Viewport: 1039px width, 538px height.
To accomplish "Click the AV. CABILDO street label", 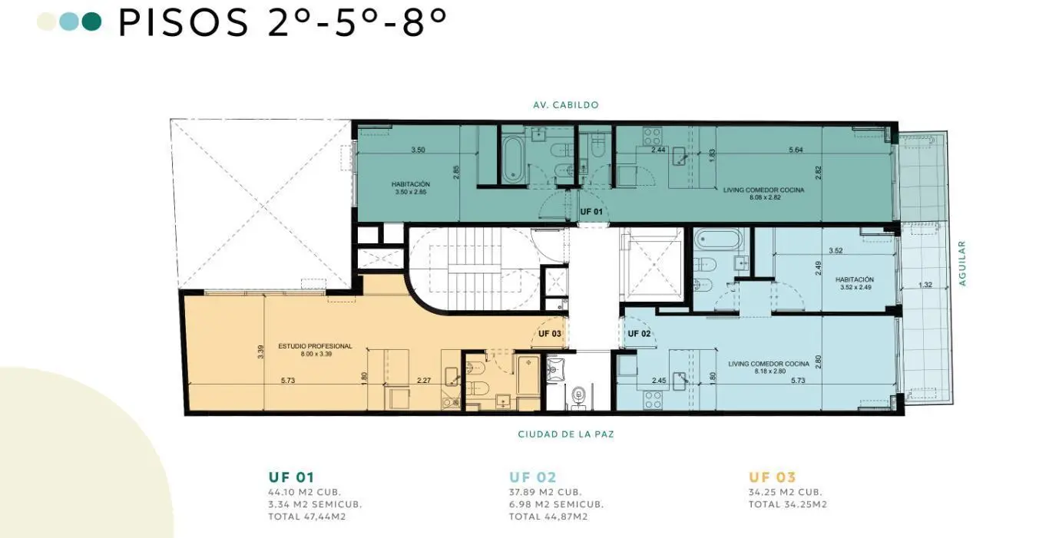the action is coord(566,105).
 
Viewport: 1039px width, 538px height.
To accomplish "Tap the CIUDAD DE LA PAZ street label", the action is coord(566,434).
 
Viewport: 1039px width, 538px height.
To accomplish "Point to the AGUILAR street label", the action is coord(962,263).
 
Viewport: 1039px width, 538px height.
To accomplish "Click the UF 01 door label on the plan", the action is coord(591,212).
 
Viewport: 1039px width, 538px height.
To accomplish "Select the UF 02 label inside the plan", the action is coord(639,334).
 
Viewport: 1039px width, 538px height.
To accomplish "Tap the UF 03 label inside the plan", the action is coord(550,334).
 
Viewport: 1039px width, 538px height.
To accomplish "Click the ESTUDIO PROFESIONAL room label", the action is coord(315,346).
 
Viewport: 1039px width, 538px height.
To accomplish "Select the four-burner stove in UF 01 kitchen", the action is coord(652,136).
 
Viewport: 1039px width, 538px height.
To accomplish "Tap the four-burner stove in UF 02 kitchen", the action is coord(652,400).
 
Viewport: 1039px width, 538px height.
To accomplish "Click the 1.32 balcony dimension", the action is coord(925,285).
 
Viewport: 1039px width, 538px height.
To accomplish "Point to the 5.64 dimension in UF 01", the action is coord(796,150).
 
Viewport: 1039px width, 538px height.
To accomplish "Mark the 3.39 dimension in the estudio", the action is coord(260,352).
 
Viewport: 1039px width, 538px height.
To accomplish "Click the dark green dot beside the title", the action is coord(91,21).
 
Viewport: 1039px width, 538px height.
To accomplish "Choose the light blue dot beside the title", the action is coord(69,21).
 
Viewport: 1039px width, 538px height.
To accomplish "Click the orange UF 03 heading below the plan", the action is coord(773,477).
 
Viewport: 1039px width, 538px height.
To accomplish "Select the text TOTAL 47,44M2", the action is coord(307,517).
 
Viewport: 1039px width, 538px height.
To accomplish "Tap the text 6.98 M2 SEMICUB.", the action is coord(556,504).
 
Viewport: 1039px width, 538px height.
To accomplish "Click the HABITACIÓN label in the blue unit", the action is coord(855,279).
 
